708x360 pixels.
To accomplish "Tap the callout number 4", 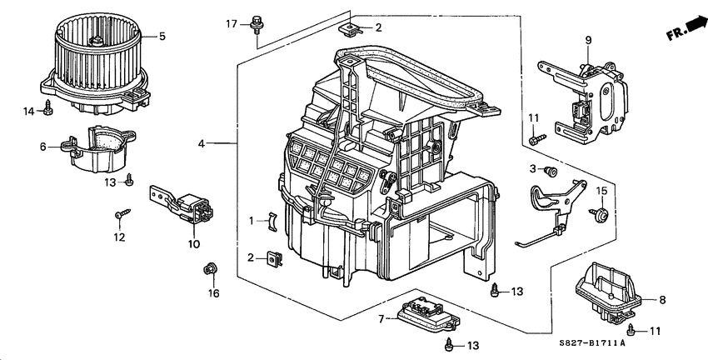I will point(201,144).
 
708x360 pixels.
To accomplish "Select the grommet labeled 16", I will point(210,268).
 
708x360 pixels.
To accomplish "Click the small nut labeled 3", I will point(550,171).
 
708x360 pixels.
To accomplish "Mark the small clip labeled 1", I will point(270,221).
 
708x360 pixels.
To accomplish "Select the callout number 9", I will point(587,39).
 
